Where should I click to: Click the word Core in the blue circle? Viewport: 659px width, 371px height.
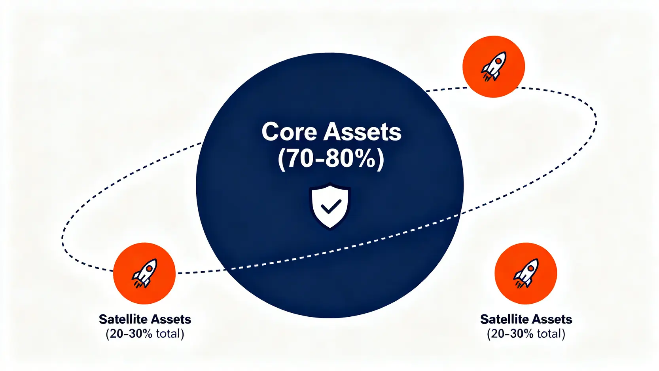coord(289,131)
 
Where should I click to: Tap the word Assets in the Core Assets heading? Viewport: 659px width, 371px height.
coord(362,131)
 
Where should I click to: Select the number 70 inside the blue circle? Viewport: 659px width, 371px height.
coord(299,158)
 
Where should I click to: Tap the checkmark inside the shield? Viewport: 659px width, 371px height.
coord(331,206)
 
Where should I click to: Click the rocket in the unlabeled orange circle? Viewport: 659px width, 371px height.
coord(494,67)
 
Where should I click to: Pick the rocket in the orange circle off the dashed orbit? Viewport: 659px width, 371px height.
coord(526,273)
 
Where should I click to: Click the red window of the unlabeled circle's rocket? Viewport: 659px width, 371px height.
coord(498,61)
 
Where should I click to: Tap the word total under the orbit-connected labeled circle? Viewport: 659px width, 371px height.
coord(168,334)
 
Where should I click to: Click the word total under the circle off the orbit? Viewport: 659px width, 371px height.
coord(549,334)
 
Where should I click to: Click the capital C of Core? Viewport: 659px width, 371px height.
coord(270,131)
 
